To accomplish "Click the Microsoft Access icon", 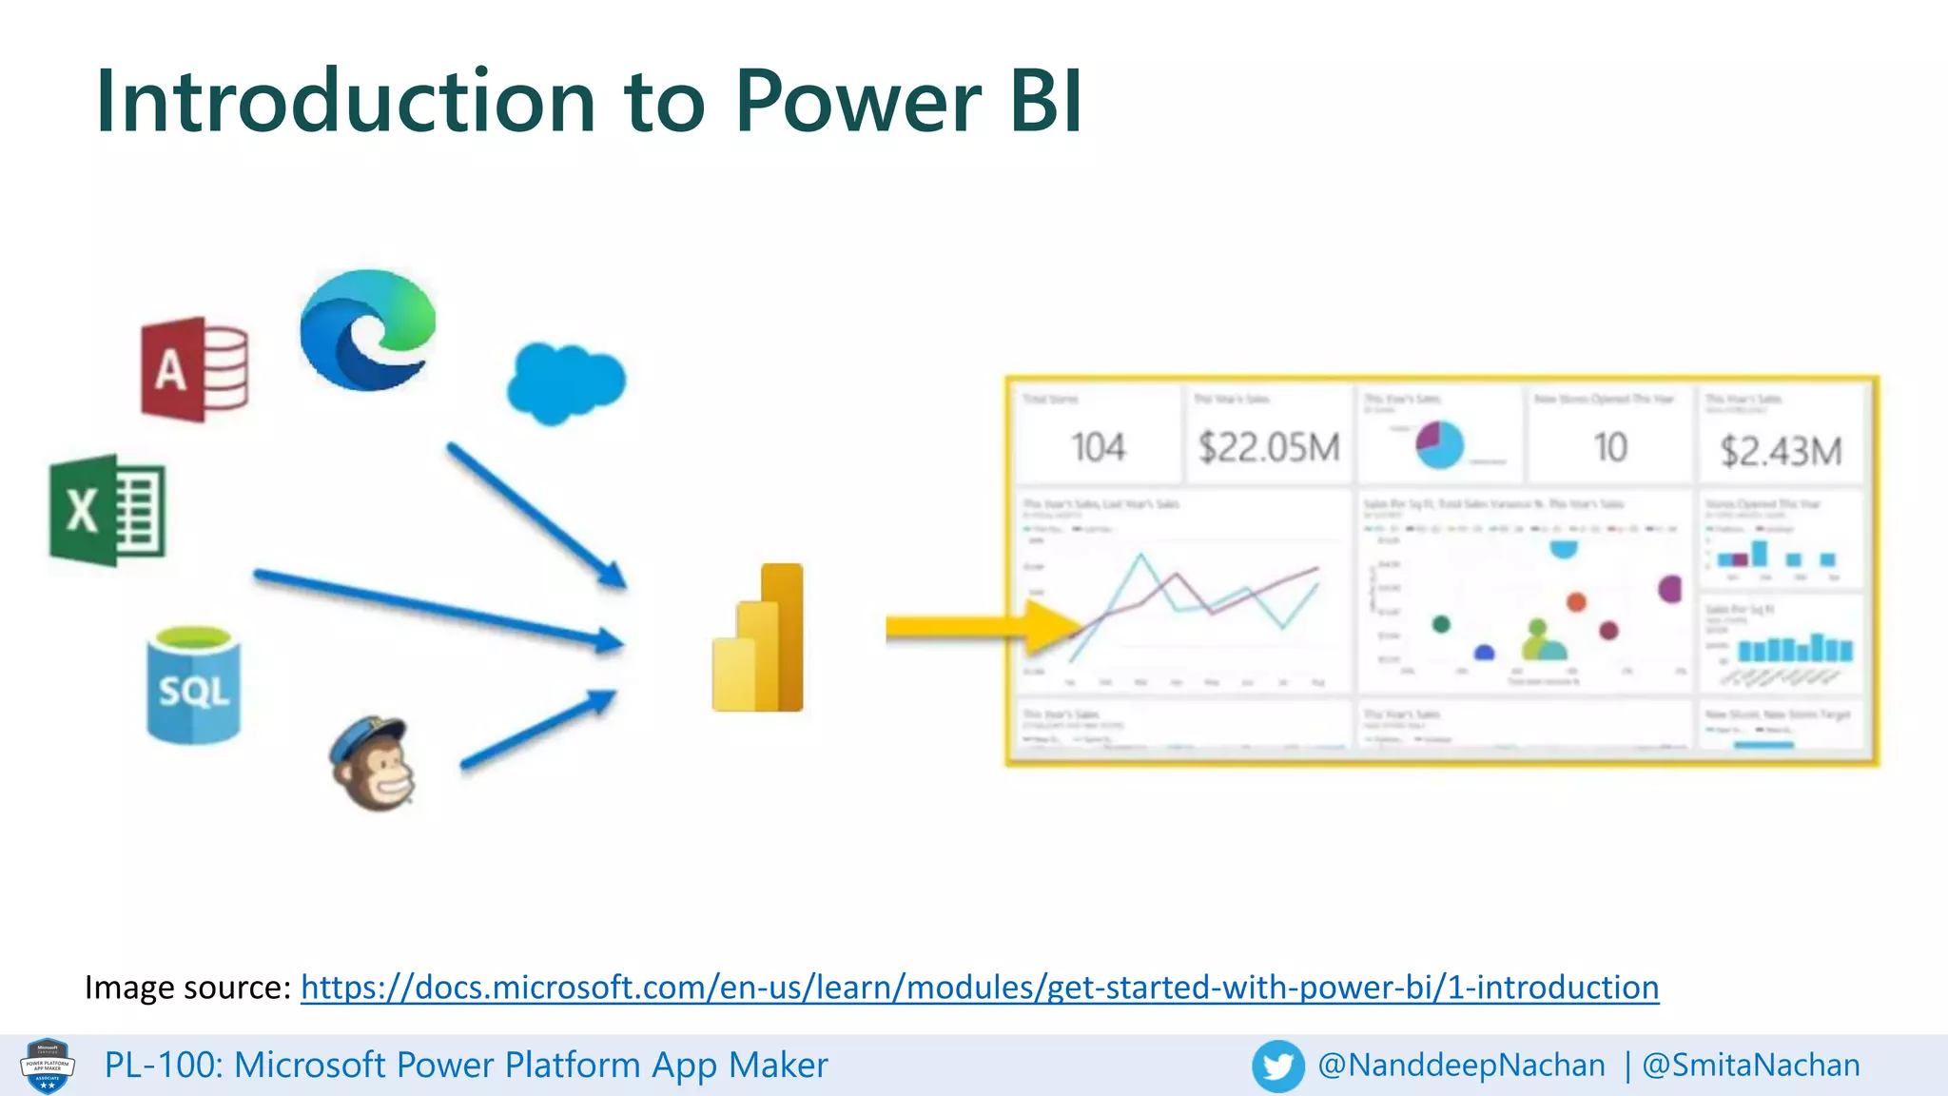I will click(x=195, y=369).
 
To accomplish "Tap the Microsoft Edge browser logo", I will click(x=367, y=330).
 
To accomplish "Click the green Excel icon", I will click(x=107, y=511).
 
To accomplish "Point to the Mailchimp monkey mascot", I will click(x=374, y=764).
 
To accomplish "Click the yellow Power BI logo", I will click(x=758, y=638).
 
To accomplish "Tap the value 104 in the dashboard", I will click(x=1098, y=447).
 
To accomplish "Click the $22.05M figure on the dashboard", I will click(x=1269, y=447).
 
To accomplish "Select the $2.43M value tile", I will click(x=1781, y=451).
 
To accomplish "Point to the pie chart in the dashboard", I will click(x=1439, y=444).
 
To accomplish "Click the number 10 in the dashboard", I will click(x=1610, y=447).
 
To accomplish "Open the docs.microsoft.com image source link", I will click(x=979, y=988).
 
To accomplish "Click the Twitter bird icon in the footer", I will click(x=1277, y=1066).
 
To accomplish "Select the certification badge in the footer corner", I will click(x=47, y=1066).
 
